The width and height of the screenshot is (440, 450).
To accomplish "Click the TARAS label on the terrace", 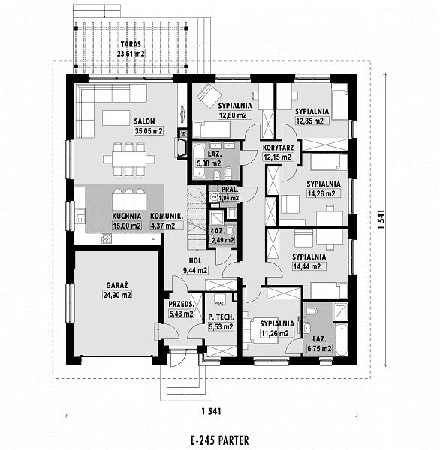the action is [131, 44].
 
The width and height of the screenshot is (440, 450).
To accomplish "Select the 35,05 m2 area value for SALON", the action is [149, 131].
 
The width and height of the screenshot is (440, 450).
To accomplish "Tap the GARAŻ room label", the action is [117, 285].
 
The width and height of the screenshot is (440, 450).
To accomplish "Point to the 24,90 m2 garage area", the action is [117, 295].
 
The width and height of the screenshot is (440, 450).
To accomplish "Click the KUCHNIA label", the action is [127, 217].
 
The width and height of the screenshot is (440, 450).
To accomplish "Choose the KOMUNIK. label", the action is [167, 217].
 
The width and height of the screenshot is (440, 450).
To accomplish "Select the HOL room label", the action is [195, 260].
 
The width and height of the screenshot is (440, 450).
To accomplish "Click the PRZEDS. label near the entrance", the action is [182, 304].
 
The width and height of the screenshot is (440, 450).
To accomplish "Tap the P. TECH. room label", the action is [221, 317].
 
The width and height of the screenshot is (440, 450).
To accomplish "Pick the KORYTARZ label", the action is [279, 148].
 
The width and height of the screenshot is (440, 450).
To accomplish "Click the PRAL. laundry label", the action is [230, 190].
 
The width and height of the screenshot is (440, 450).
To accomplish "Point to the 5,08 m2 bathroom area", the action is [208, 163].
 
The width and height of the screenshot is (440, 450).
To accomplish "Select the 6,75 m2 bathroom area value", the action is [319, 349].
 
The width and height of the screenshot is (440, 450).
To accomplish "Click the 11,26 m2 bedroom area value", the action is [275, 333].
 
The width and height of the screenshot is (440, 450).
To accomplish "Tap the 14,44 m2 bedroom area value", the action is [306, 266].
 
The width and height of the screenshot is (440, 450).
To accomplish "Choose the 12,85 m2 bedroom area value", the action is [310, 121].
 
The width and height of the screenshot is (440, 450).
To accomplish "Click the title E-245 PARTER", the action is [220, 440].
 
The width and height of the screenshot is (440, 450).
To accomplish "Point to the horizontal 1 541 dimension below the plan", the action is [211, 411].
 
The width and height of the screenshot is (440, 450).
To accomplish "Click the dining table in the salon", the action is [129, 159].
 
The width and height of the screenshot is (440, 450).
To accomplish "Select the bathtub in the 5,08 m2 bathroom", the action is [198, 160].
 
